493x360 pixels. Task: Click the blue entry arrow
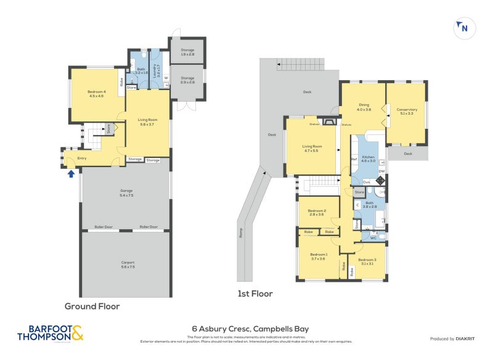[x=71, y=174]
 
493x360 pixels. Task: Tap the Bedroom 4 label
[x=96, y=94]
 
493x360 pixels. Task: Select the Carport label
[x=126, y=264]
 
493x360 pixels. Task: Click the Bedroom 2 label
[x=317, y=213]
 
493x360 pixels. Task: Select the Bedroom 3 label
[x=367, y=261]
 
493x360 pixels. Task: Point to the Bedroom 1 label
[x=318, y=256]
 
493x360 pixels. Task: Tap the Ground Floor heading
[x=92, y=306]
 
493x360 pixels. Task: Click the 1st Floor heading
[x=255, y=294]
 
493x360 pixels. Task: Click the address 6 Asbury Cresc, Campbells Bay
[x=246, y=329]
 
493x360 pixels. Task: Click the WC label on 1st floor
[x=373, y=237]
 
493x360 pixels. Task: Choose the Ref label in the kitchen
[x=354, y=160]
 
